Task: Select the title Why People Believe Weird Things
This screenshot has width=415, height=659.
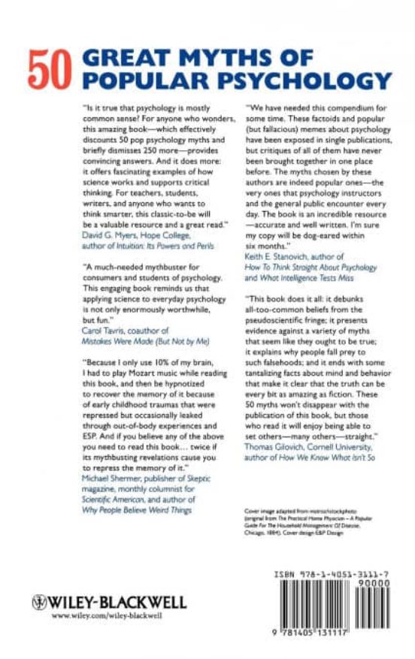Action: [137, 508]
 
